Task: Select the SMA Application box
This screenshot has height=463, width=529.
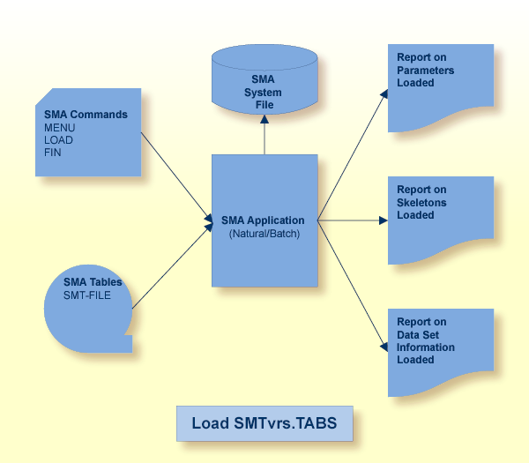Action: pyautogui.click(x=264, y=220)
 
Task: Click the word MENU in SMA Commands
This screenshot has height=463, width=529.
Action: pyautogui.click(x=60, y=127)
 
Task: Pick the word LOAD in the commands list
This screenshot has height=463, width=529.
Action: pyautogui.click(x=59, y=139)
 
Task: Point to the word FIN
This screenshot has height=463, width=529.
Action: pyautogui.click(x=53, y=152)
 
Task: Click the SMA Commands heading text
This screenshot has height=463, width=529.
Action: pyautogui.click(x=86, y=115)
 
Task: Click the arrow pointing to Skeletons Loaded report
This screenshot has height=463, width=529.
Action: pyautogui.click(x=353, y=220)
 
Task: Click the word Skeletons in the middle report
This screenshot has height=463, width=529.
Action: pyautogui.click(x=421, y=203)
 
